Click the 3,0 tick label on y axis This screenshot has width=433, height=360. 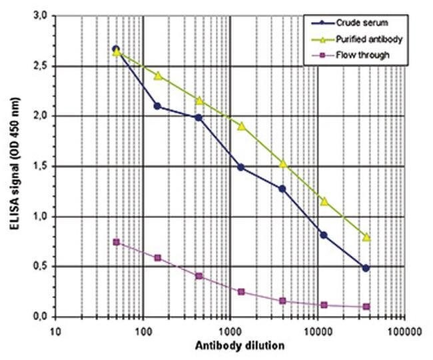click(43, 16)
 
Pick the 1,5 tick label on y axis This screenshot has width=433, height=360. click(43, 166)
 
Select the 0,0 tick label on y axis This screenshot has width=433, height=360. click(43, 317)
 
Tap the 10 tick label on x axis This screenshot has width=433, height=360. click(56, 329)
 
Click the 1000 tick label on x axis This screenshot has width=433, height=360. click(230, 329)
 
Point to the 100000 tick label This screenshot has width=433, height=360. click(404, 329)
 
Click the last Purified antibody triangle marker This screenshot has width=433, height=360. click(366, 237)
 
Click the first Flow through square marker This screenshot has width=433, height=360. click(117, 242)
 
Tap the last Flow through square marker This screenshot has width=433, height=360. click(366, 307)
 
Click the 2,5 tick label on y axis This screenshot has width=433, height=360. click(43, 66)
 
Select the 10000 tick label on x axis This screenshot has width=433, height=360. click(317, 329)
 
